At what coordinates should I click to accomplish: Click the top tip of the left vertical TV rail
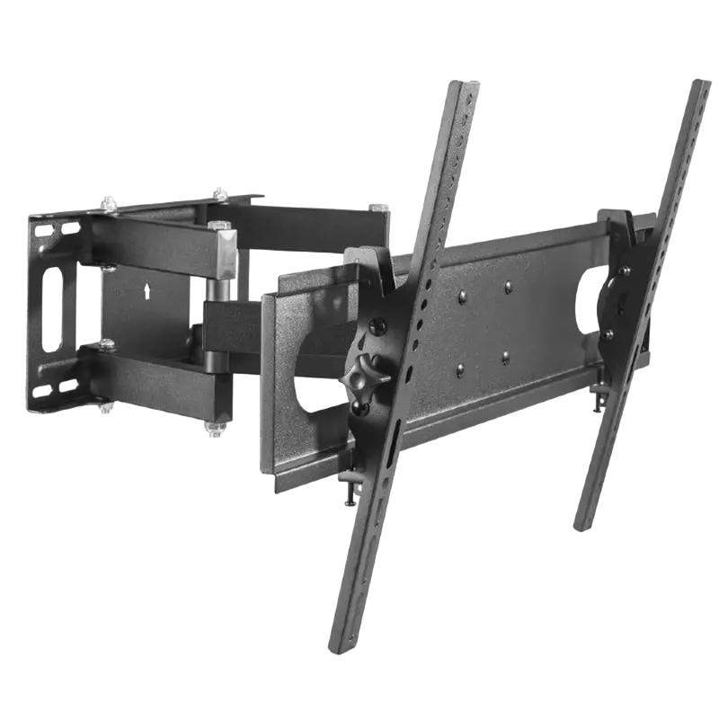pyautogui.click(x=465, y=86)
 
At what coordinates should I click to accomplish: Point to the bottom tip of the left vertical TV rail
pyautogui.click(x=339, y=648)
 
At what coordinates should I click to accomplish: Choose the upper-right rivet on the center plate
pyautogui.click(x=509, y=288)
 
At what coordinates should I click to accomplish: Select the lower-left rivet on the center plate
pyautogui.click(x=459, y=370)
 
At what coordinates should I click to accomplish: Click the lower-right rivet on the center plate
pyautogui.click(x=505, y=357)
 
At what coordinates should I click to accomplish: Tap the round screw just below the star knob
pyautogui.click(x=360, y=408)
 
